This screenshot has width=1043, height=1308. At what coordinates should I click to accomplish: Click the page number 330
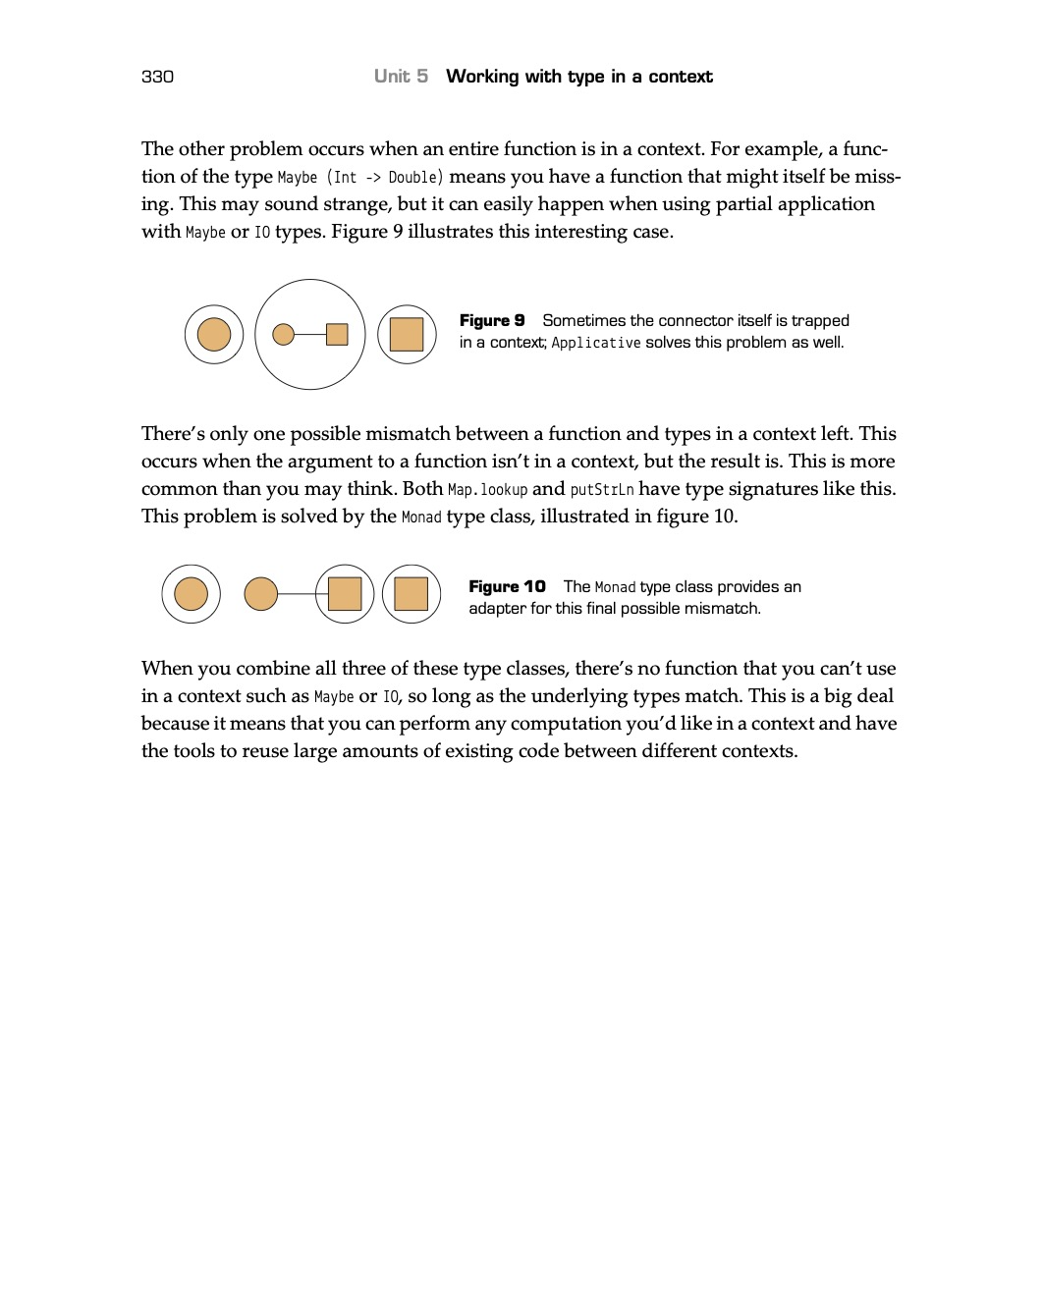pyautogui.click(x=157, y=77)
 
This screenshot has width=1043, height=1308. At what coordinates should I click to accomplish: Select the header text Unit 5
pyautogui.click(x=401, y=77)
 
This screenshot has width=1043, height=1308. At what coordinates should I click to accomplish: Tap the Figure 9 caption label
pyautogui.click(x=492, y=321)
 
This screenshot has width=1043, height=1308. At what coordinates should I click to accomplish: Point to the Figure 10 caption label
pyautogui.click(x=507, y=587)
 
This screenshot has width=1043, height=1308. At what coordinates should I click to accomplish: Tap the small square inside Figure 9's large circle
pyautogui.click(x=337, y=335)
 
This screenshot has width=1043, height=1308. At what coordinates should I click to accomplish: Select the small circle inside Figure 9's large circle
pyautogui.click(x=283, y=335)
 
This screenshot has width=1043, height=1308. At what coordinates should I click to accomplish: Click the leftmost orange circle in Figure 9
pyautogui.click(x=214, y=335)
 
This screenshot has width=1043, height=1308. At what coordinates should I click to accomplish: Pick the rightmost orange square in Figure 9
pyautogui.click(x=407, y=335)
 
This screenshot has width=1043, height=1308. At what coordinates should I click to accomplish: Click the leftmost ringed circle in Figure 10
pyautogui.click(x=191, y=594)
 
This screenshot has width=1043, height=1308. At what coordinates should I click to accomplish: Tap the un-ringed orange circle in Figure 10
pyautogui.click(x=260, y=594)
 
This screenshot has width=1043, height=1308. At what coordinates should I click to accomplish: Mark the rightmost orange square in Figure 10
pyautogui.click(x=411, y=594)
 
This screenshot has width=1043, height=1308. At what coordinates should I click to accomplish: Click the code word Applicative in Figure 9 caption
pyautogui.click(x=596, y=343)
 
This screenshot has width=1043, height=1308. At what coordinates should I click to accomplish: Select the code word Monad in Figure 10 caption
pyautogui.click(x=615, y=587)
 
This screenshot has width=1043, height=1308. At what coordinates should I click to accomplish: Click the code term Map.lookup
pyautogui.click(x=487, y=490)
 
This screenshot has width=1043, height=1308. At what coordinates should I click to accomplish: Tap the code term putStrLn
pyautogui.click(x=602, y=490)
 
